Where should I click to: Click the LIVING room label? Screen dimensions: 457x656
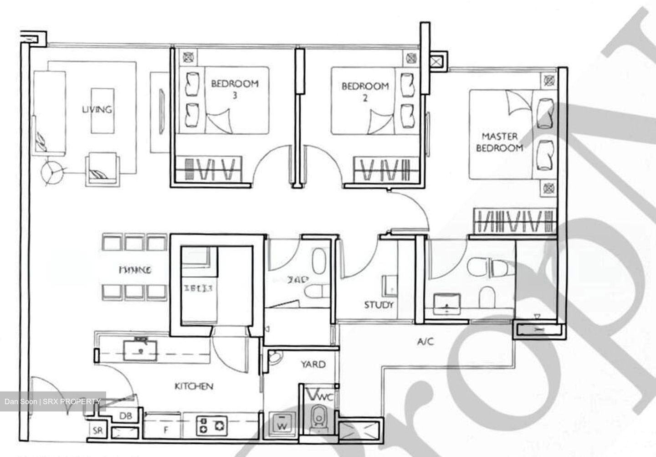click(x=97, y=110)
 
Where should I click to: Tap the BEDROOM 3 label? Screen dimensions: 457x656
click(x=235, y=89)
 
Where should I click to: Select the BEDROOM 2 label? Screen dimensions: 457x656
click(x=365, y=91)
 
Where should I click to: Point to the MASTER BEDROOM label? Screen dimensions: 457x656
click(x=499, y=142)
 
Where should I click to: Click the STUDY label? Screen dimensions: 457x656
click(x=379, y=305)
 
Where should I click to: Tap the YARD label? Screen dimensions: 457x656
click(x=313, y=364)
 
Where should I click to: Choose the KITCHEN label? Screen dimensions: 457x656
click(x=194, y=386)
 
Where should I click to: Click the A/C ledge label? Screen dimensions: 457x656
click(x=425, y=341)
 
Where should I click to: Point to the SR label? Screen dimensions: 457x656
click(x=97, y=430)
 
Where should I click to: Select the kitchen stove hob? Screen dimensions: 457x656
click(x=211, y=425)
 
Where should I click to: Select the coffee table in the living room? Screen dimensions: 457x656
click(x=102, y=110)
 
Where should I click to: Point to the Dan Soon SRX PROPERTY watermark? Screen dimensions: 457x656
click(x=53, y=401)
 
